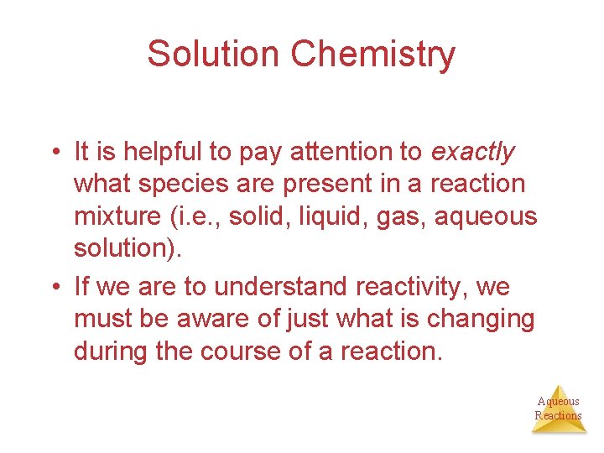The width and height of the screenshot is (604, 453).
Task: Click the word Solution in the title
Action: click(x=214, y=54)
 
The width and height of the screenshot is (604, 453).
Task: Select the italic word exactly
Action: click(x=472, y=152)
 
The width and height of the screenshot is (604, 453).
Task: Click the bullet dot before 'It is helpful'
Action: click(x=54, y=153)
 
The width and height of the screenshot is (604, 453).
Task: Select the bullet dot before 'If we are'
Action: click(x=54, y=288)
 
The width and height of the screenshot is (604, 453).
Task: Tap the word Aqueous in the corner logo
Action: click(x=558, y=401)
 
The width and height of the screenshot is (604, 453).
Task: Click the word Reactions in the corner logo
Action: click(x=558, y=415)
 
